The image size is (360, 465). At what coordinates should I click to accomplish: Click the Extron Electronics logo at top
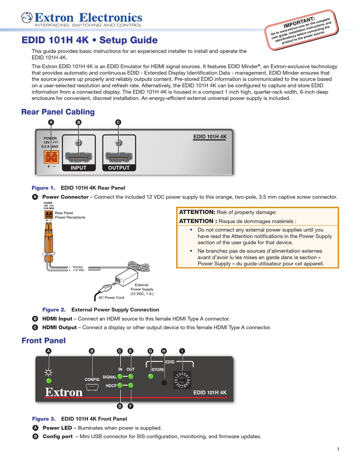click(x=81, y=18)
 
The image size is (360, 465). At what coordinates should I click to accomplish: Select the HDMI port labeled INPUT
click(x=78, y=156)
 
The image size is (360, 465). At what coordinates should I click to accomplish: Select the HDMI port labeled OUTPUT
click(x=119, y=156)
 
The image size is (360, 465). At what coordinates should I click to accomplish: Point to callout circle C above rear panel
click(x=118, y=122)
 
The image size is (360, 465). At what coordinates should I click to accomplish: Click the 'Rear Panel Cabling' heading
click(x=58, y=112)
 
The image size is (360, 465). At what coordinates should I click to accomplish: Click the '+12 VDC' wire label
click(x=78, y=270)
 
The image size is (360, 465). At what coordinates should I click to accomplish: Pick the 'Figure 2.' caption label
click(x=54, y=310)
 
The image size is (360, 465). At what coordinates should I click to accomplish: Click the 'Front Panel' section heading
click(x=44, y=340)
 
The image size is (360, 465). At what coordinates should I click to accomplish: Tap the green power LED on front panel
click(x=49, y=381)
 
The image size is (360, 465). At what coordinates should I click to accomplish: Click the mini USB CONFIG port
click(x=92, y=387)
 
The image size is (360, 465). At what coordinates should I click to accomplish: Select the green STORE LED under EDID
click(x=150, y=376)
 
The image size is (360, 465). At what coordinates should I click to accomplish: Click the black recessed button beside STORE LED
click(x=164, y=382)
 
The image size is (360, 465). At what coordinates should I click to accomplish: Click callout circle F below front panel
click(x=131, y=406)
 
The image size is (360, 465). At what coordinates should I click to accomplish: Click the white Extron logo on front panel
click(x=64, y=392)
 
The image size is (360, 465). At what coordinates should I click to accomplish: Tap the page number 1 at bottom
click(x=338, y=449)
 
